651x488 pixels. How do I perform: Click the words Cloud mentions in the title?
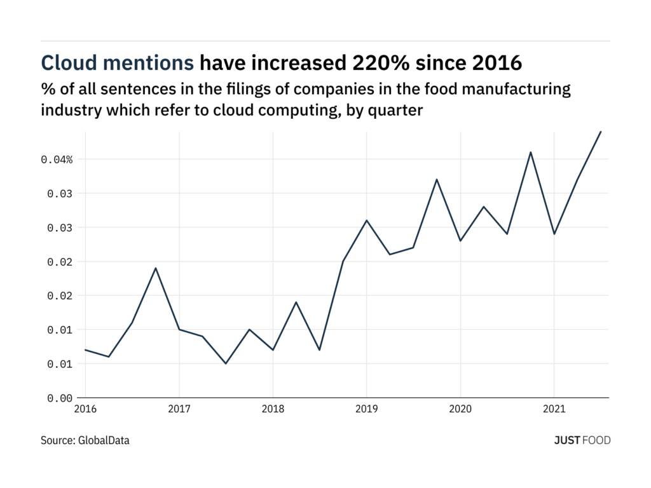coord(118,62)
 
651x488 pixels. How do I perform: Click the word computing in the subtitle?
coord(305,109)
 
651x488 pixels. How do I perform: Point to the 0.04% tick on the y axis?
coord(57,159)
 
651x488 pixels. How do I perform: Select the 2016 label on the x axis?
coord(85,410)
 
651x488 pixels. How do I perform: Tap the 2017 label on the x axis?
coord(179,410)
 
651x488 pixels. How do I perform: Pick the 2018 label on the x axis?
coord(273,410)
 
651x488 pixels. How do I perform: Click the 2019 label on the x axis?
coord(366,410)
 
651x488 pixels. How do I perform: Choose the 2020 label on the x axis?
coord(460,410)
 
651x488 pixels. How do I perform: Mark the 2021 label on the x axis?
coord(554,410)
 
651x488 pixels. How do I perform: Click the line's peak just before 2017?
coord(156,268)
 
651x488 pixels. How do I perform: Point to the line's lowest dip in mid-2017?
coord(226,363)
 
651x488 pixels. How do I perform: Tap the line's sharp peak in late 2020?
coord(530,152)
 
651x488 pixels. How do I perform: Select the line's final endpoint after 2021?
coord(601,132)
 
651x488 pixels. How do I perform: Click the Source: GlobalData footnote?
coord(85,440)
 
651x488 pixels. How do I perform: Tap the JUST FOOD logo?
coord(582,440)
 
